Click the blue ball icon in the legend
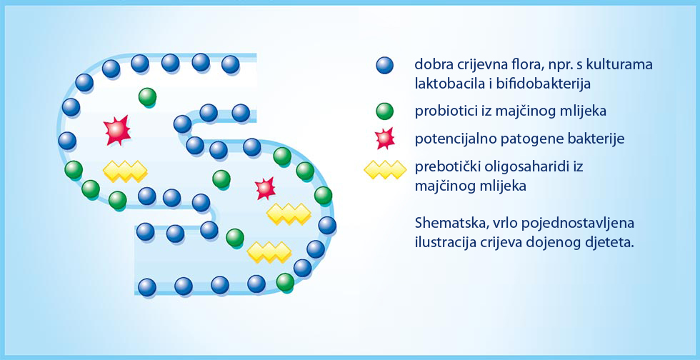(x=385, y=66)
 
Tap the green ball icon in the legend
(x=385, y=111)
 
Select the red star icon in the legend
(x=385, y=139)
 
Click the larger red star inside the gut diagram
(x=117, y=130)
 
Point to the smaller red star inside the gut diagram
(x=265, y=188)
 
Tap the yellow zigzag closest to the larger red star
(x=125, y=171)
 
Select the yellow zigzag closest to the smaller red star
(x=289, y=214)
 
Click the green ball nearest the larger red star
(x=147, y=97)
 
